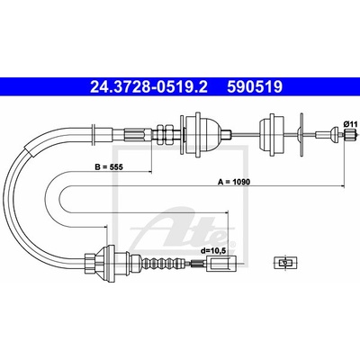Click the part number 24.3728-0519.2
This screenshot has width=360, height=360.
(x=148, y=87)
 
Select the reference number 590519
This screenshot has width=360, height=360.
(x=255, y=87)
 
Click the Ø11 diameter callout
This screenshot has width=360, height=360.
(x=350, y=123)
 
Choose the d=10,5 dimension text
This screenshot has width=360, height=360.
(x=214, y=251)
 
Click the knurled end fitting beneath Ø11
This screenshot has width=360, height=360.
(x=350, y=134)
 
